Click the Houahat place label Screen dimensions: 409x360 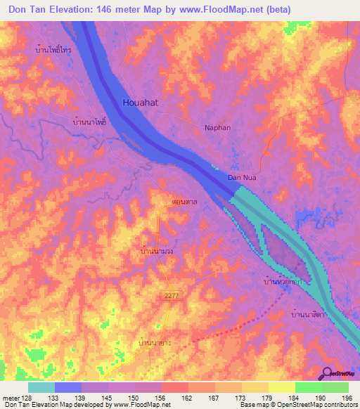[141, 102]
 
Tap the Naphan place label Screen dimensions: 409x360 [217, 129]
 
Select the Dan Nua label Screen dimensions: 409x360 [240, 178]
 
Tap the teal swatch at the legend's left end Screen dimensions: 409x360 [41, 387]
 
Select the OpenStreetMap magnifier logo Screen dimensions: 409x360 [327, 373]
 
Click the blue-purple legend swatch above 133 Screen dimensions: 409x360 [67, 387]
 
